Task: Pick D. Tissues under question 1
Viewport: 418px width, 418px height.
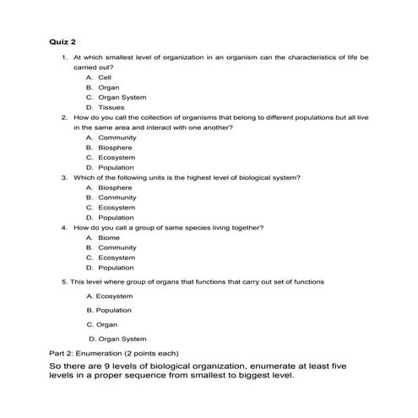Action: tap(104, 107)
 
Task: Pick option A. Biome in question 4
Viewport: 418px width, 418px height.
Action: tap(101, 237)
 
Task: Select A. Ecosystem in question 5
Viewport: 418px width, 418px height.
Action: tap(110, 296)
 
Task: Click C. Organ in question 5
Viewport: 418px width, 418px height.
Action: tap(102, 324)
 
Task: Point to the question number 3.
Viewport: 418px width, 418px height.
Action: tap(63, 177)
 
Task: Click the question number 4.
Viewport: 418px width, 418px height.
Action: tap(63, 227)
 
